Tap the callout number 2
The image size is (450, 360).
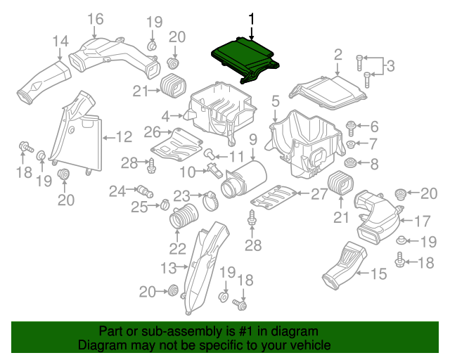(x=338, y=54)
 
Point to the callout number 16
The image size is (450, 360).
(x=95, y=18)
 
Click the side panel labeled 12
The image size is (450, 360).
(x=83, y=134)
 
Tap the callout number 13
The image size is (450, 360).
(x=167, y=267)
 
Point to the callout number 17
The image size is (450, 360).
(x=422, y=221)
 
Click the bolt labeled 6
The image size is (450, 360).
(x=351, y=127)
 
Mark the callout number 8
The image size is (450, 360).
(x=374, y=165)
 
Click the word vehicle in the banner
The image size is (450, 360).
(x=307, y=346)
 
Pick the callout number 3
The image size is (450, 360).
(x=391, y=67)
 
